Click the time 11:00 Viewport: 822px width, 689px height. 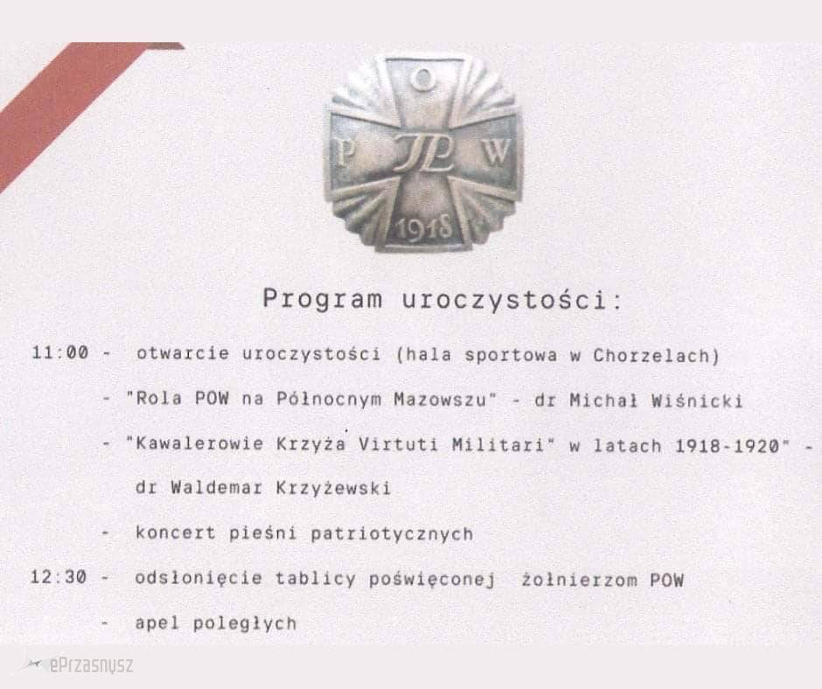coord(59,352)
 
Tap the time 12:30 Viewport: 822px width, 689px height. coord(59,577)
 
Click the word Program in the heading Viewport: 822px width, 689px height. coord(323,299)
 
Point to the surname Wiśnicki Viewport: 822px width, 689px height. coord(697,401)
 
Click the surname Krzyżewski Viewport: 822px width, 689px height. coord(333,488)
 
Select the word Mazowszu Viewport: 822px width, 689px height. coord(440,400)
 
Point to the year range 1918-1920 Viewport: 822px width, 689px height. coord(727,446)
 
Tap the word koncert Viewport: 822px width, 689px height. coord(176,532)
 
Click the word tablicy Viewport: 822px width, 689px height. coord(316,578)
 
